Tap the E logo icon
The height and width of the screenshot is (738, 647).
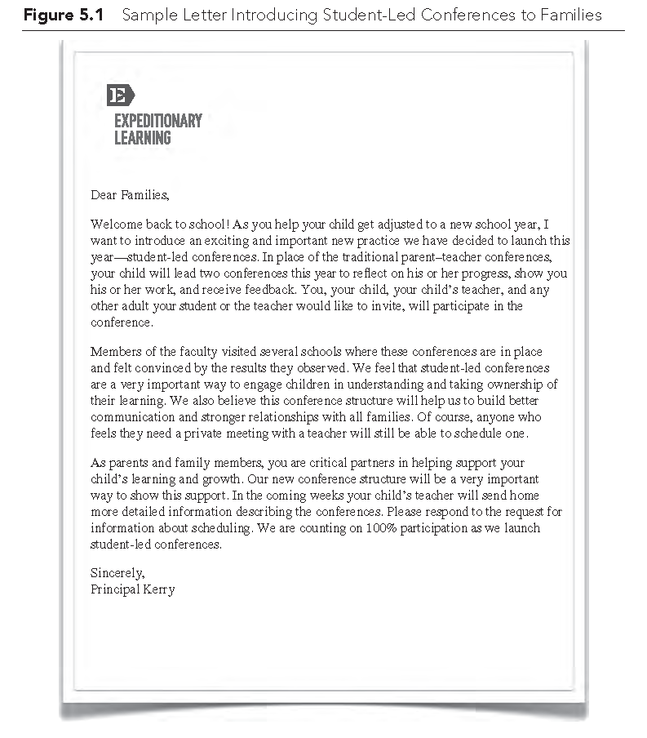120,95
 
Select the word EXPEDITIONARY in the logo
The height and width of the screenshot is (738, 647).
157,121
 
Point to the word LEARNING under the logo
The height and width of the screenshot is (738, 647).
143,138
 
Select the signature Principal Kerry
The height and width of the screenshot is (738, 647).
132,589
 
